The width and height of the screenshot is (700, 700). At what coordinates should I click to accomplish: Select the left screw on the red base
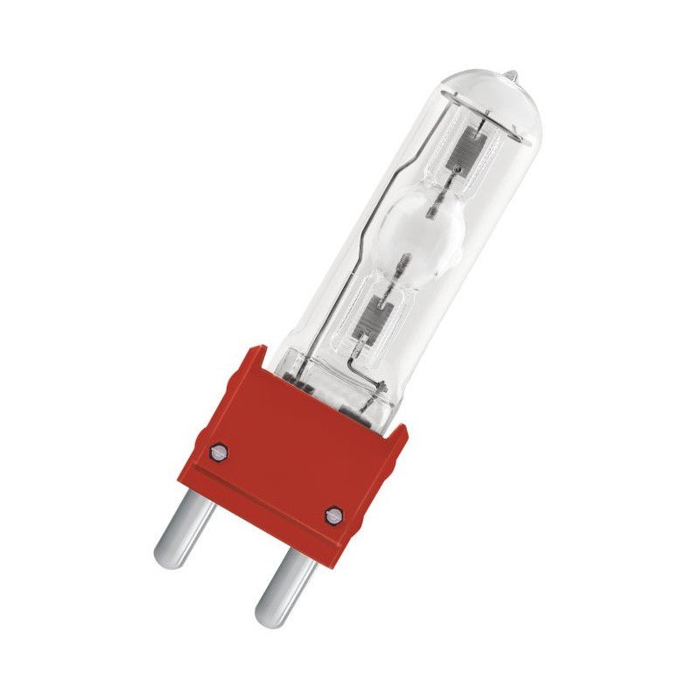pos(220,451)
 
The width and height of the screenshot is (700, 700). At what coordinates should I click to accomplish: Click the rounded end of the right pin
pos(266,609)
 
